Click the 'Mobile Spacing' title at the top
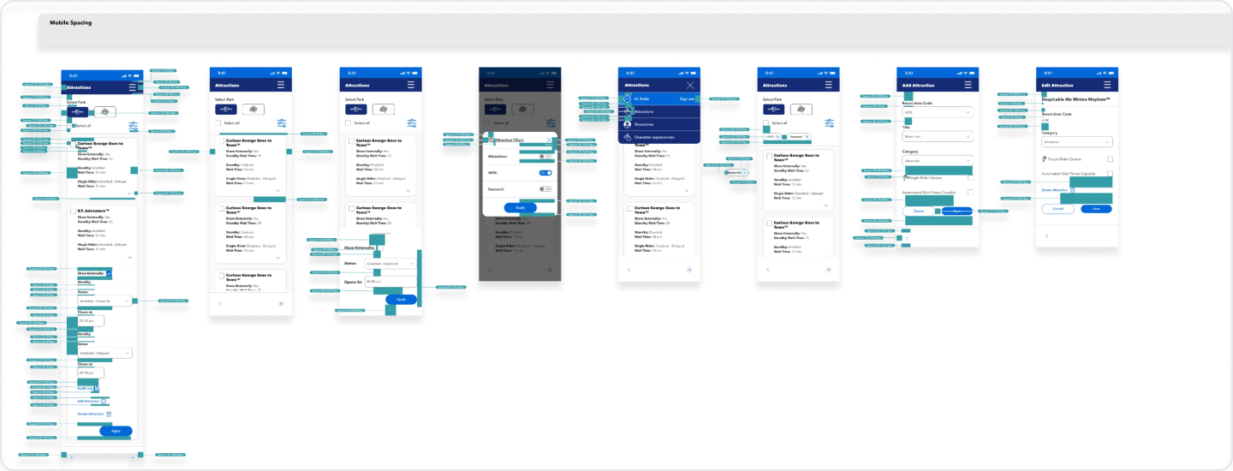pos(70,22)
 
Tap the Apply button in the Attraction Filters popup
pos(520,207)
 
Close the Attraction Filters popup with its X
pos(550,140)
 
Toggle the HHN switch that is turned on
pos(545,173)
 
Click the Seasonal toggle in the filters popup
pos(545,188)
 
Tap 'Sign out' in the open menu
pos(687,99)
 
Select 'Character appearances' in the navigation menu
pos(654,137)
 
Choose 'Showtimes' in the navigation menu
pos(644,124)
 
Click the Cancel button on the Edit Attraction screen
pos(1057,208)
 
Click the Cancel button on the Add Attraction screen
pos(918,210)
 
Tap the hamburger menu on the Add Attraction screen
pos(968,86)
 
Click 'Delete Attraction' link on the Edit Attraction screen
pos(1055,189)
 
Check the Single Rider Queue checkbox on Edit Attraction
pos(1110,158)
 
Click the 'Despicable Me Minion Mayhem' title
pos(1075,99)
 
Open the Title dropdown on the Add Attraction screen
pos(938,136)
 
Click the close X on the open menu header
pos(691,86)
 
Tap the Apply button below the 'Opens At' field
pos(400,299)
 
